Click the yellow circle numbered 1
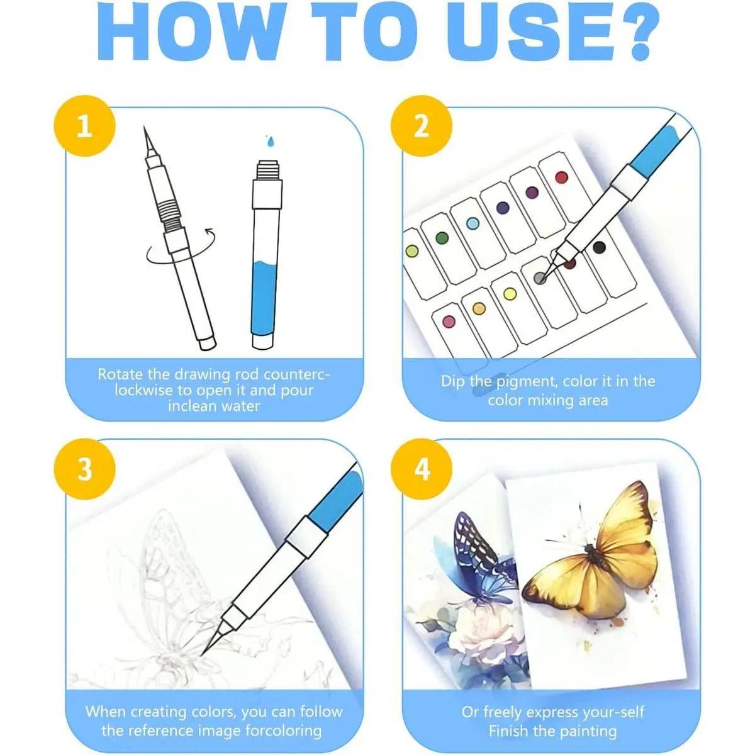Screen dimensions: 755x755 pyautogui.click(x=85, y=126)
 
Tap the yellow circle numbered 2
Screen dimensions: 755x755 pyautogui.click(x=422, y=126)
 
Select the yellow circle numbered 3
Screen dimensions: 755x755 pyautogui.click(x=85, y=469)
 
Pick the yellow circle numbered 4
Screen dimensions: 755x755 pyautogui.click(x=422, y=469)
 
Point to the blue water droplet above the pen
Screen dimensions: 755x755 pyautogui.click(x=271, y=140)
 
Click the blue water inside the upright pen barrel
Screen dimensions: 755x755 pyautogui.click(x=266, y=297)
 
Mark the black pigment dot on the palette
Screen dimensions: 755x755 pyautogui.click(x=599, y=247)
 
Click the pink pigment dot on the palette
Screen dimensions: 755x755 pyautogui.click(x=449, y=322)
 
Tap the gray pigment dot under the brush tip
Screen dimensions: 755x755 pyautogui.click(x=540, y=278)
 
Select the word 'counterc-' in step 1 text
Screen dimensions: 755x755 pyautogui.click(x=296, y=374)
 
